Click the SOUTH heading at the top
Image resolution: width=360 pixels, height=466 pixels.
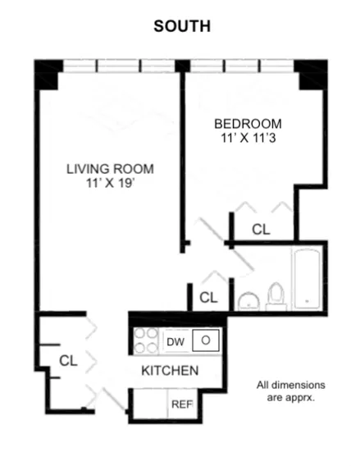point(182,26)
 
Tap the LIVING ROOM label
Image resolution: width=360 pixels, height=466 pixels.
point(109,170)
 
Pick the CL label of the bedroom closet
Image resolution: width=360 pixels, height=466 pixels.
point(261,230)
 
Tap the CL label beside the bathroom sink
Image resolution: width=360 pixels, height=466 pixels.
point(209,297)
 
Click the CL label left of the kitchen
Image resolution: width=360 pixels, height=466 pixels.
point(68,359)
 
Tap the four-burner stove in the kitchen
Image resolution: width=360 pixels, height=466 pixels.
point(147,340)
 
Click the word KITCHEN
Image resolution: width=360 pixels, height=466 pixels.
point(170,371)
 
